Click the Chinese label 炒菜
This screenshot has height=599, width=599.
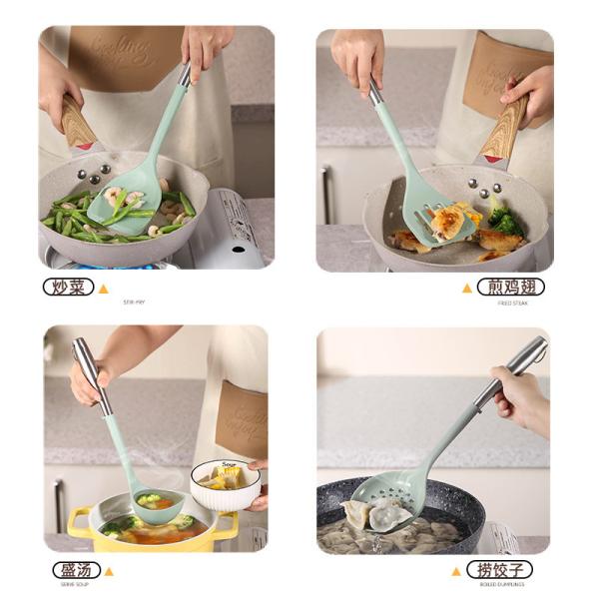(x=68, y=288)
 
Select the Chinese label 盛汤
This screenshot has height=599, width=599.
(x=76, y=570)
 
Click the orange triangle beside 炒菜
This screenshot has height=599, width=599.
(x=103, y=289)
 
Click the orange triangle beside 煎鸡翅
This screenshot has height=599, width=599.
(x=466, y=289)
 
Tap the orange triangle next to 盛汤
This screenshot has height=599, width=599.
(x=109, y=571)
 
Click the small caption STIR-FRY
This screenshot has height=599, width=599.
(x=135, y=301)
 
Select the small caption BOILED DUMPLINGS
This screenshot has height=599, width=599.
(x=502, y=584)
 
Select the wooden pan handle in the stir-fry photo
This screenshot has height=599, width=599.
(x=78, y=124)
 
